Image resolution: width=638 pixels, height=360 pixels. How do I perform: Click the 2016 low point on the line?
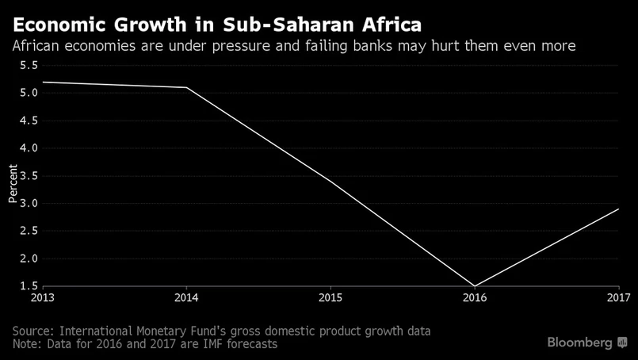click(x=475, y=285)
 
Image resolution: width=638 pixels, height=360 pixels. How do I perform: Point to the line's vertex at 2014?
click(x=186, y=87)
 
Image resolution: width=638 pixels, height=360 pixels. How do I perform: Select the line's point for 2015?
click(x=330, y=182)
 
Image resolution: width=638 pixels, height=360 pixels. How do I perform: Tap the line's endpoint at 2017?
click(x=619, y=209)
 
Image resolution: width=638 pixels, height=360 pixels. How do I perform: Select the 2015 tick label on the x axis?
click(x=330, y=299)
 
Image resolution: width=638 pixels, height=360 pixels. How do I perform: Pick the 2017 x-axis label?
click(x=618, y=299)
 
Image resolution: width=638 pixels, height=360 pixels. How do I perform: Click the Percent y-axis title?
click(x=13, y=183)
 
